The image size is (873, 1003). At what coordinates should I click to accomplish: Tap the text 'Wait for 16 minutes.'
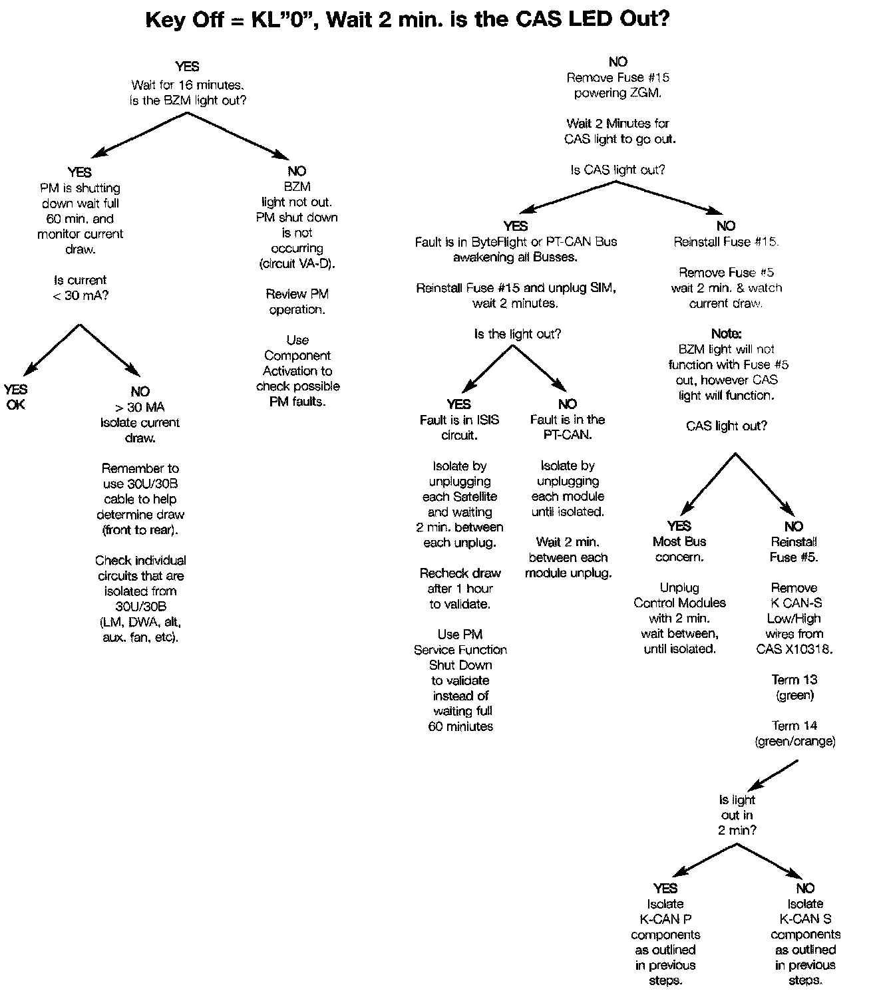(x=188, y=84)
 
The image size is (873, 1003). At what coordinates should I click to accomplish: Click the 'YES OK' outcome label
(x=15, y=396)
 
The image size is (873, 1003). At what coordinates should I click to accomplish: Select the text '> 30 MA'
(x=140, y=407)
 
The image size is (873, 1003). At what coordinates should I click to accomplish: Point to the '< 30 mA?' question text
(x=81, y=295)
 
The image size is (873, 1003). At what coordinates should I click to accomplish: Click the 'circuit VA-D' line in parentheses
(x=297, y=263)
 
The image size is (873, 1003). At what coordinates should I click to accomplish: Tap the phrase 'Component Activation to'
(x=297, y=363)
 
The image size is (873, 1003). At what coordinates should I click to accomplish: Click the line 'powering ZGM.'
(x=617, y=93)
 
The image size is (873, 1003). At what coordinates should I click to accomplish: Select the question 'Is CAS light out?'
(x=617, y=170)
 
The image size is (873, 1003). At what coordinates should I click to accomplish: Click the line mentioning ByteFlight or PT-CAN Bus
(x=516, y=241)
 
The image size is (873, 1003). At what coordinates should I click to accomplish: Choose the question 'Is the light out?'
(x=517, y=334)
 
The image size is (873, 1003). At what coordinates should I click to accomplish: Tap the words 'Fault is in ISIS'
(x=459, y=420)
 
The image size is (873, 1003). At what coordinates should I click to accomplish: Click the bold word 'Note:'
(x=726, y=333)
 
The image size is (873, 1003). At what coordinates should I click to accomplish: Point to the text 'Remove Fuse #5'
(x=726, y=272)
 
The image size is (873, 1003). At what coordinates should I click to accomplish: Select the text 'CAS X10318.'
(x=794, y=649)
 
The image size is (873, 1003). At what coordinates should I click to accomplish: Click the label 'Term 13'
(x=794, y=680)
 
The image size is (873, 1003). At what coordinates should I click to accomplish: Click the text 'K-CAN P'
(x=665, y=919)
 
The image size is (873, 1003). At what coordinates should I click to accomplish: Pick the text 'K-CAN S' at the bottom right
(x=805, y=919)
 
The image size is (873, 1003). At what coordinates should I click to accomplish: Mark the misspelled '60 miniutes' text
(x=460, y=726)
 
